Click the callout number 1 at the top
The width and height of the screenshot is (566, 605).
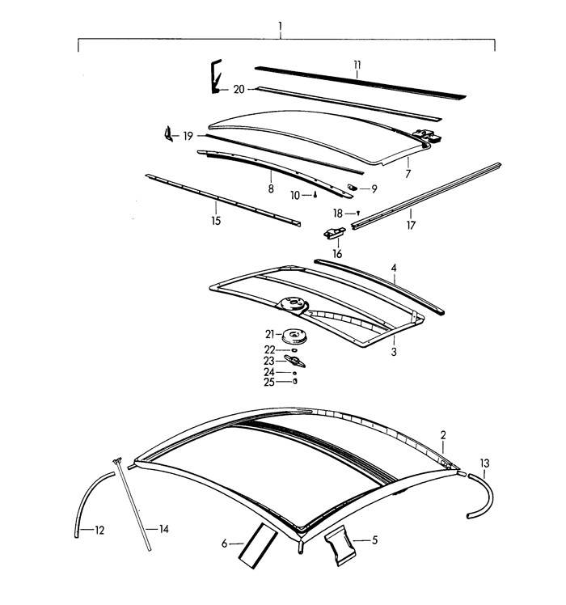click(x=280, y=27)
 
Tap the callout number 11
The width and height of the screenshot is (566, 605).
click(x=357, y=65)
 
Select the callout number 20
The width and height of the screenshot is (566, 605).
click(x=239, y=89)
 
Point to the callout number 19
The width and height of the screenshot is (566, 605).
click(x=188, y=136)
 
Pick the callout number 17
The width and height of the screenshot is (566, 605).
click(x=411, y=226)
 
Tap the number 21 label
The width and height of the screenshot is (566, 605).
click(x=269, y=334)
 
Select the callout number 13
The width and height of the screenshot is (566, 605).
click(x=484, y=463)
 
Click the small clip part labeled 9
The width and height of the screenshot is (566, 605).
click(x=353, y=188)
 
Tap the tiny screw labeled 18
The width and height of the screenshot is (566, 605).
click(x=357, y=211)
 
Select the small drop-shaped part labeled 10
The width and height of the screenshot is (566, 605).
click(x=316, y=195)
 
